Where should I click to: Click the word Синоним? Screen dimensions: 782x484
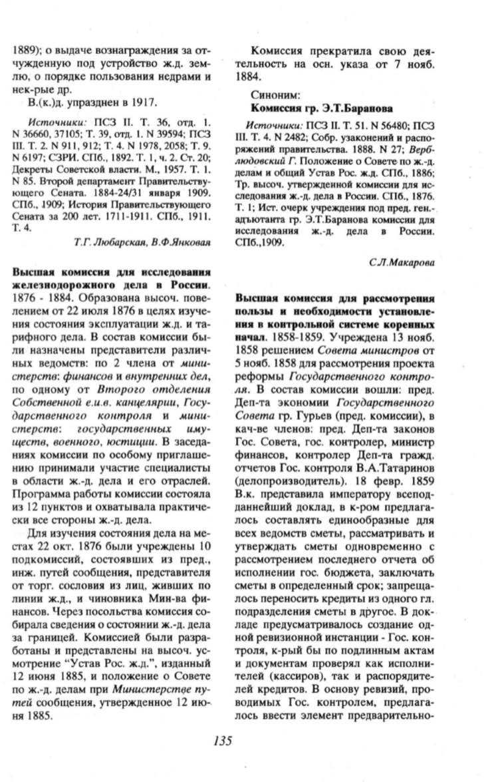271,95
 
